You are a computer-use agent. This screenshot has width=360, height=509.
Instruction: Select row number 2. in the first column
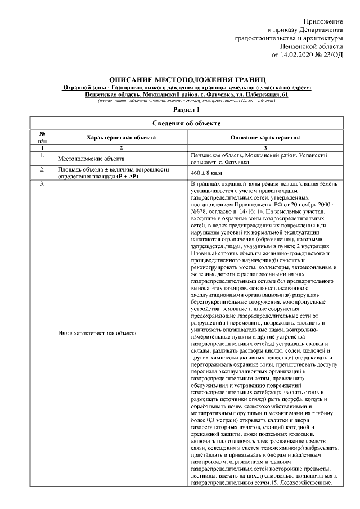pos(42,169)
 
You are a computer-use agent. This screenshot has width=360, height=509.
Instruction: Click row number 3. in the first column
pos(42,184)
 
